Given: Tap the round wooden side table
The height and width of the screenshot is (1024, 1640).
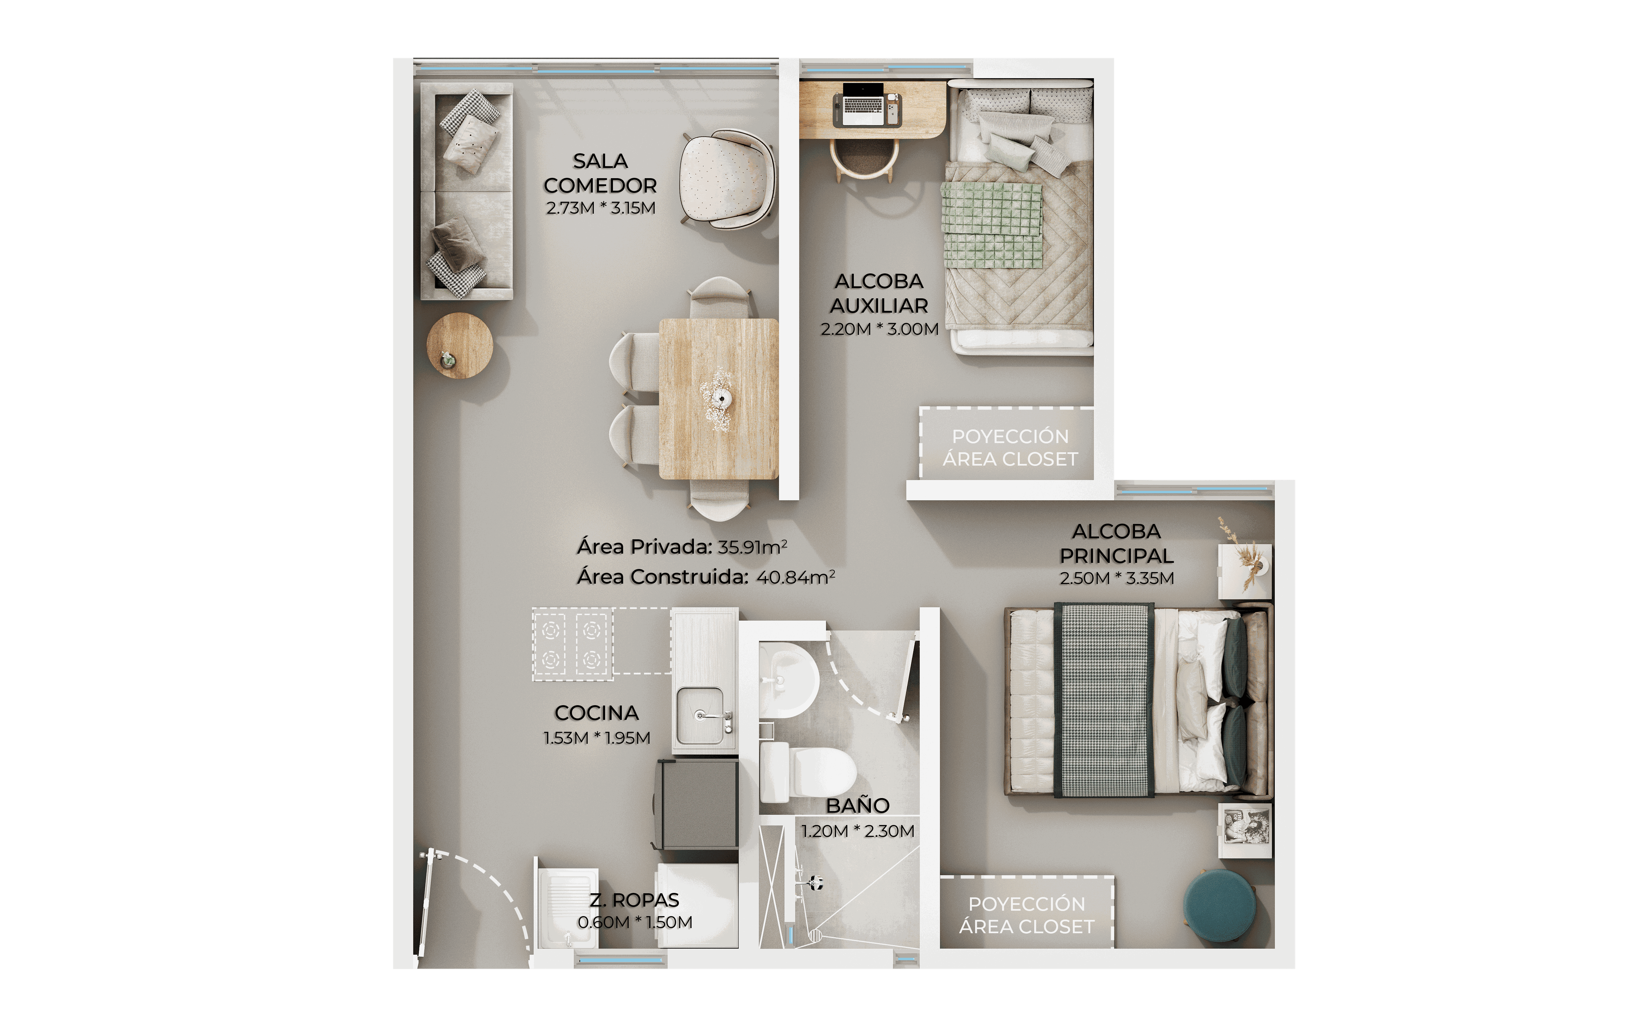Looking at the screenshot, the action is (460, 345).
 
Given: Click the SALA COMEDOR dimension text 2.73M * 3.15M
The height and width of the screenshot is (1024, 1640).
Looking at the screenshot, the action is (600, 208).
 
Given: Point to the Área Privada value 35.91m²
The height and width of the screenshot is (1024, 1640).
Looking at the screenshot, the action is (752, 546).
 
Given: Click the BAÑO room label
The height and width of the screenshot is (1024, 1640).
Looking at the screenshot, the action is (857, 805).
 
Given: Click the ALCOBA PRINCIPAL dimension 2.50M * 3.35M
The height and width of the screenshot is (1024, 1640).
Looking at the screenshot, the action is (1116, 578).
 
